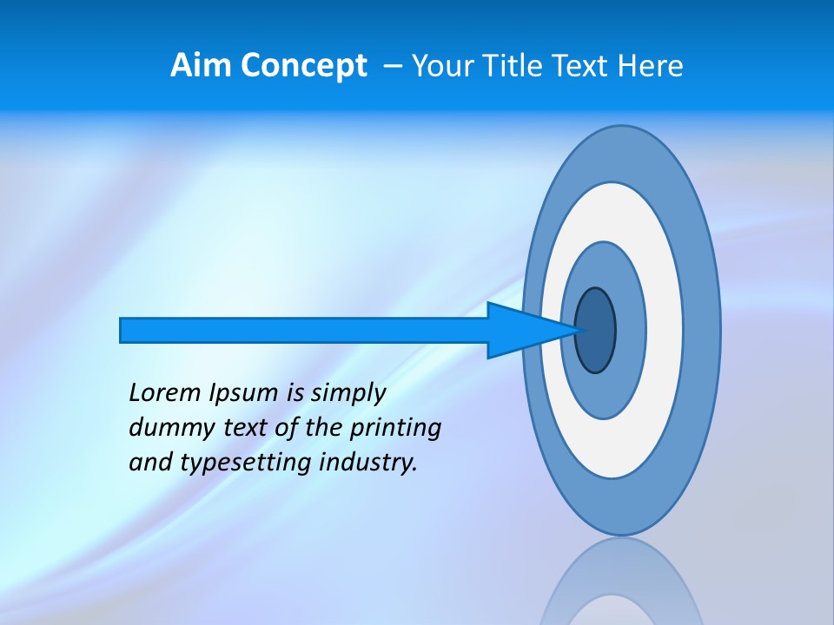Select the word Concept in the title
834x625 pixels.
pyautogui.click(x=304, y=66)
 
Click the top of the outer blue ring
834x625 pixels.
pyautogui.click(x=621, y=139)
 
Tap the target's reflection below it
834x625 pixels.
pyautogui.click(x=621, y=582)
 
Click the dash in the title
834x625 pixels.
pyautogui.click(x=393, y=66)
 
